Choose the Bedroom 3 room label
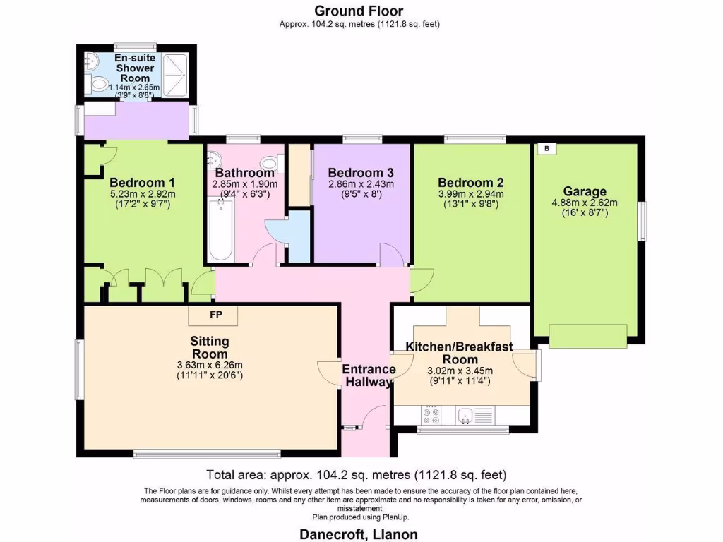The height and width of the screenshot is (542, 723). click(361, 172)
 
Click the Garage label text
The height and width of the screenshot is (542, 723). click(585, 191)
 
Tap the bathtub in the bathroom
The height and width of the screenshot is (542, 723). click(221, 230)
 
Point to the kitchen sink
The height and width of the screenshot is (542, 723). click(466, 416)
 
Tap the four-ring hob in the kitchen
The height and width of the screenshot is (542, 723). click(431, 416)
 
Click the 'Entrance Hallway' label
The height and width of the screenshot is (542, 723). click(368, 375)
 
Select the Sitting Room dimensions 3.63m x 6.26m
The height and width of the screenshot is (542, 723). click(210, 365)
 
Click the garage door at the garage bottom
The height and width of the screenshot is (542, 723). click(587, 335)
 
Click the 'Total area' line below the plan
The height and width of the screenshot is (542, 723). click(356, 474)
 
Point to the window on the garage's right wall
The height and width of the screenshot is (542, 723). click(643, 221)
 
